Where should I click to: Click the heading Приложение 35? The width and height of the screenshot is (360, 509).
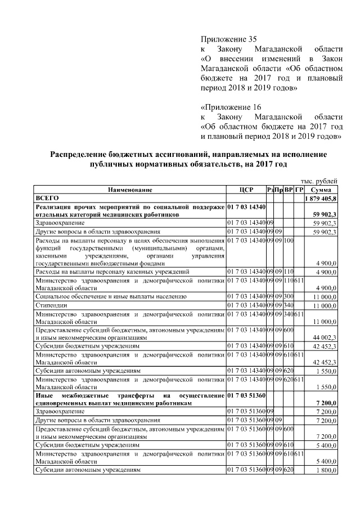point(228,39)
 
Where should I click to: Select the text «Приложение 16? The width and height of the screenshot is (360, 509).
point(231,107)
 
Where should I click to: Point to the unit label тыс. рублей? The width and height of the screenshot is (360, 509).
point(319,181)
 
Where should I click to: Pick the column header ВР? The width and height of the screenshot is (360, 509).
point(289,190)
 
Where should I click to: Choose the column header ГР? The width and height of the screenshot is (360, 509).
point(299,190)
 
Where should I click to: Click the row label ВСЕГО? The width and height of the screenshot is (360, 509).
point(47,198)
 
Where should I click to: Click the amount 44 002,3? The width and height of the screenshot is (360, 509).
point(325,338)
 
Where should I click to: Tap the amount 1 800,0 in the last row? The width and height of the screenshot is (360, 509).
point(326,469)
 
